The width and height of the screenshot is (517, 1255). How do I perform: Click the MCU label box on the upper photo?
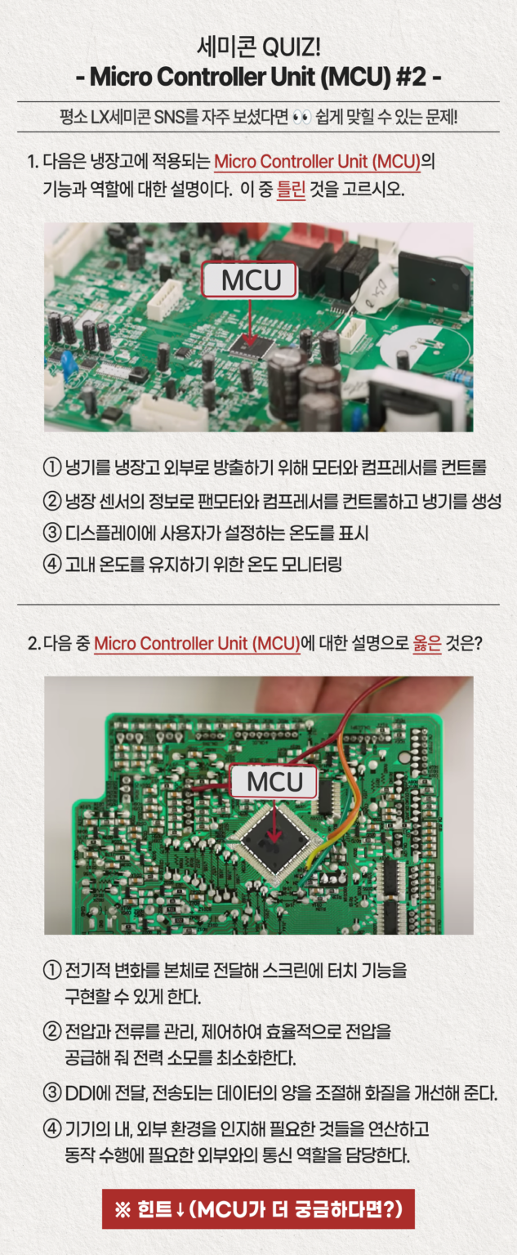tap(251, 280)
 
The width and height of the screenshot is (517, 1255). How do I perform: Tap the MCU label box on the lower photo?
tap(274, 782)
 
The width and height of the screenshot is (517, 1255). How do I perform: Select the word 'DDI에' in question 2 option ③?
tap(86, 1093)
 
